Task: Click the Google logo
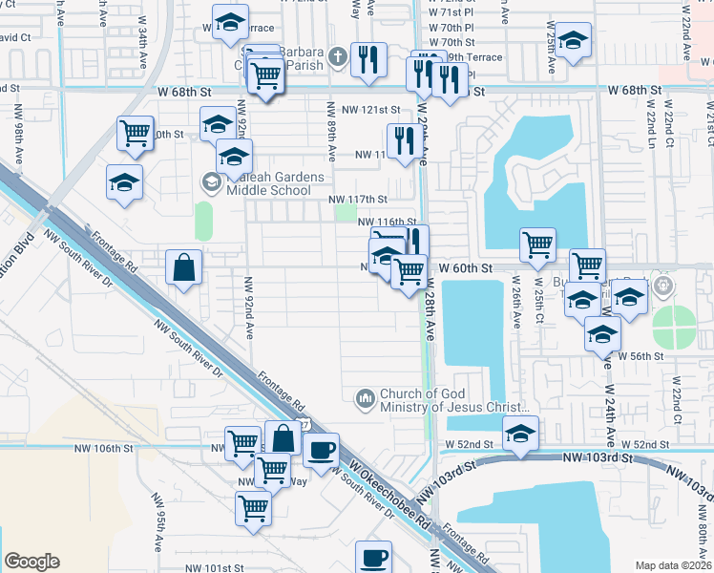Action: pyautogui.click(x=31, y=562)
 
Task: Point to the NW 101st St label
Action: pyautogui.click(x=218, y=568)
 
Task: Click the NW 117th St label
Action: pyautogui.click(x=358, y=200)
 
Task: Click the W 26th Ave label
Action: pyautogui.click(x=515, y=304)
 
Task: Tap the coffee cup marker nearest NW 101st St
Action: pyautogui.click(x=374, y=556)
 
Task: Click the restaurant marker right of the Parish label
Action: pyautogui.click(x=367, y=59)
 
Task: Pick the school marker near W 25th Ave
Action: pyautogui.click(x=572, y=41)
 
